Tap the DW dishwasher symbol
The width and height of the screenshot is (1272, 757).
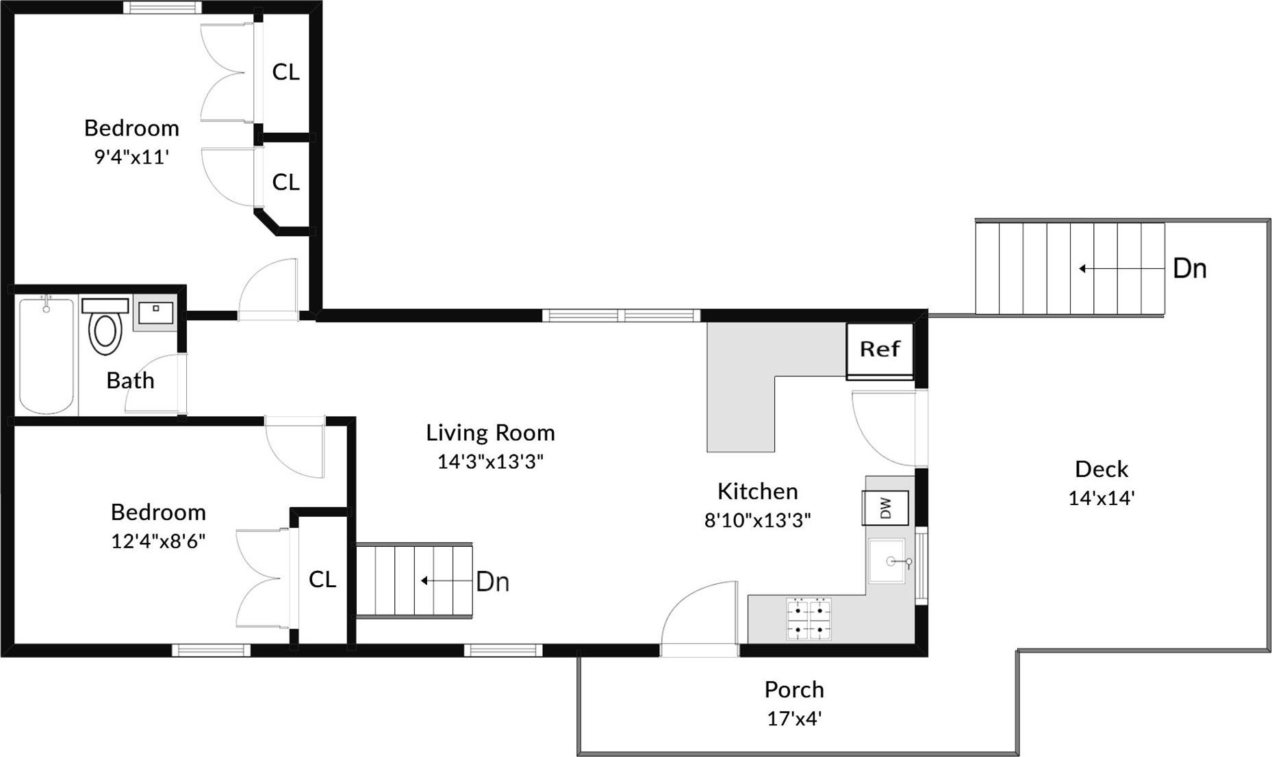coord(885,508)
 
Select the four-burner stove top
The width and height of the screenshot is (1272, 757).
coord(809,619)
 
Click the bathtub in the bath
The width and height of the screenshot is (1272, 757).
coord(46,356)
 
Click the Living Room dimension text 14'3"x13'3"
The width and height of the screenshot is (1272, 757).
coord(490,461)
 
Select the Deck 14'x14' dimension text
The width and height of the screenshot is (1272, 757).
coord(1101,498)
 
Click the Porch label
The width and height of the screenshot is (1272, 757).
coord(793,689)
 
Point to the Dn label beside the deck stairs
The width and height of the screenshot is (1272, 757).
coord(1189,268)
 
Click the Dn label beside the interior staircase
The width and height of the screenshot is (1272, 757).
coord(492,582)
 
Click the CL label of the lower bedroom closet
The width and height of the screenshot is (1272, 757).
coord(322,579)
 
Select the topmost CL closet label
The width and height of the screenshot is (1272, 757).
coord(285,71)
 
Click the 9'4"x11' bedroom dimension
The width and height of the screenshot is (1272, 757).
coord(131,157)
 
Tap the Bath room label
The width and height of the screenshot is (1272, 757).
coord(130,381)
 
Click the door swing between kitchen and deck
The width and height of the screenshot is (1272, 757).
coord(883,428)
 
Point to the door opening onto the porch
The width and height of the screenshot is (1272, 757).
coord(698,619)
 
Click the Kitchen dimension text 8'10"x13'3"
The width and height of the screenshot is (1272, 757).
coord(757,520)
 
